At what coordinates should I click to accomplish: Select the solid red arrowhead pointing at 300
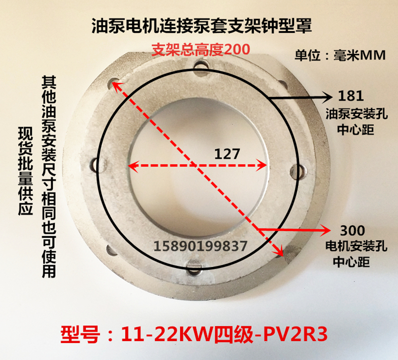click(326, 229)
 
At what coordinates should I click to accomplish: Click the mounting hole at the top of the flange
click(201, 65)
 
